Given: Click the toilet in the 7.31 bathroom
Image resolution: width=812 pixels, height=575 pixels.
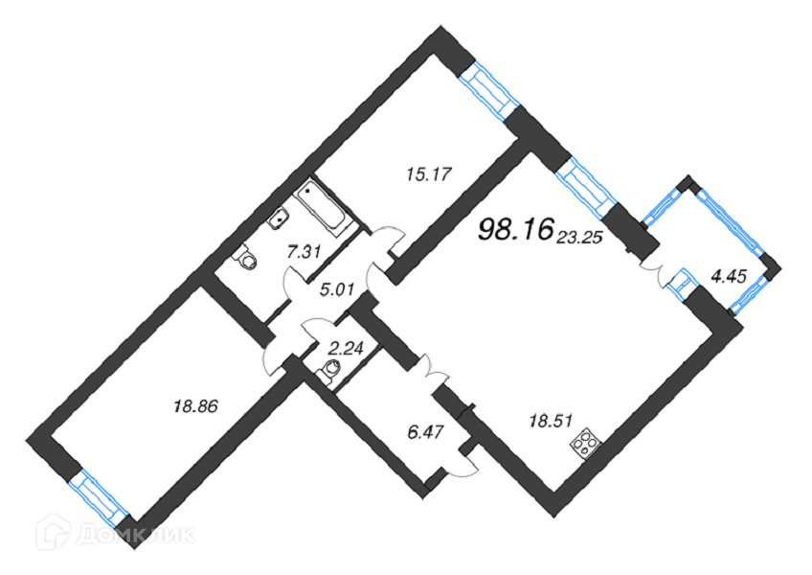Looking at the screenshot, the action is tap(248, 258).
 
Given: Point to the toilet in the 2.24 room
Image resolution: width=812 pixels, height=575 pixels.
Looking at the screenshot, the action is tap(332, 370).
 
